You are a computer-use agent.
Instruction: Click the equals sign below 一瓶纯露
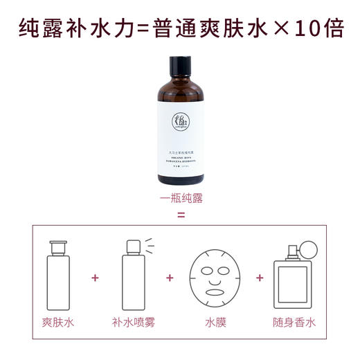click(x=181, y=214)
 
